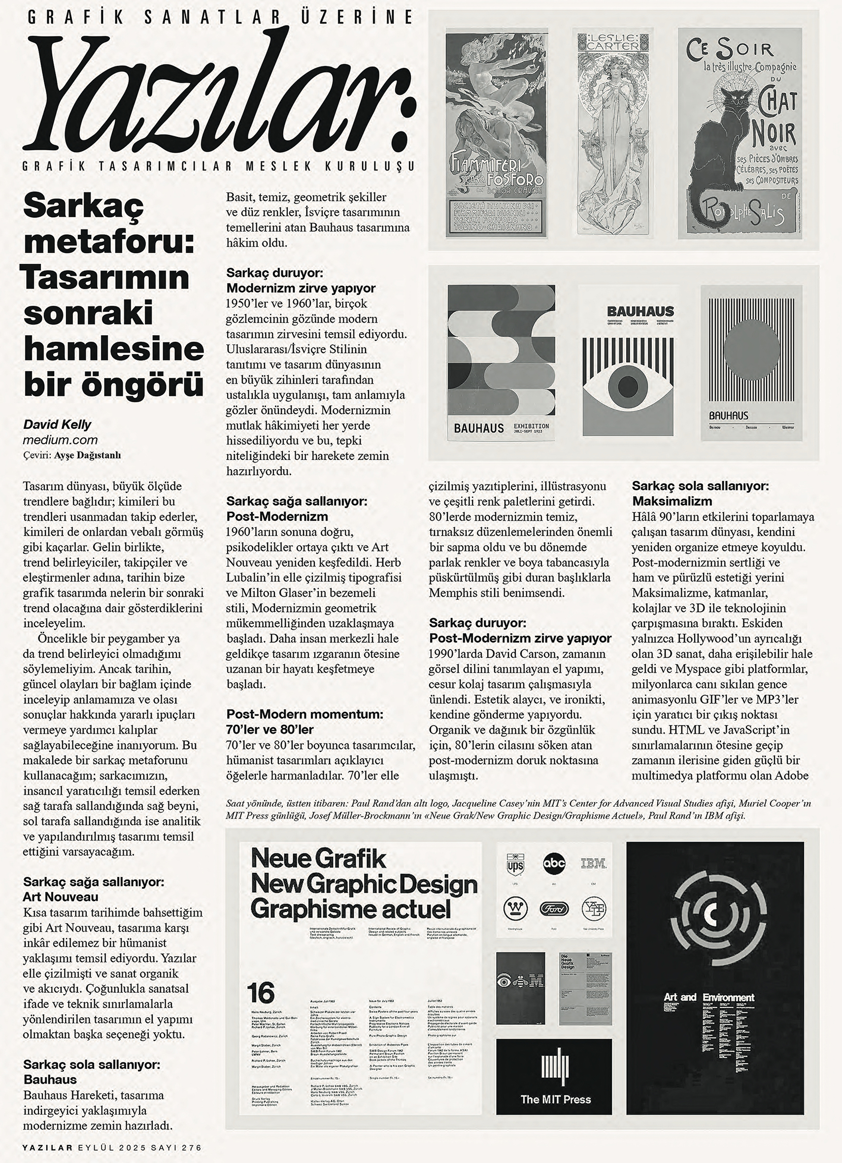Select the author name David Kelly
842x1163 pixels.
tap(58, 424)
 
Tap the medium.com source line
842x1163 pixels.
tap(60, 440)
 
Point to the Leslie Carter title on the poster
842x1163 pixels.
tap(609, 41)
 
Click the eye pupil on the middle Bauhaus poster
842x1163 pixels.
tap(628, 383)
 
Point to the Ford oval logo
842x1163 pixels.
tap(554, 909)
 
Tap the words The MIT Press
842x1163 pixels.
tap(555, 1100)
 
